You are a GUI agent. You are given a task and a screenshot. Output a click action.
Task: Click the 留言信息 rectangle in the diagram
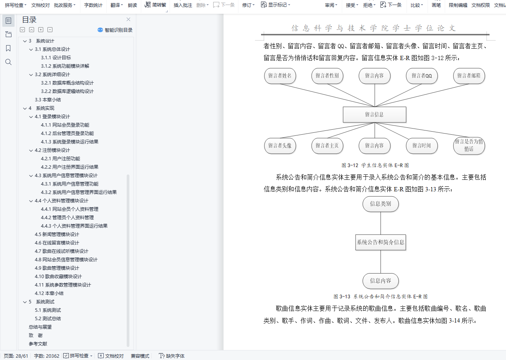click(374, 114)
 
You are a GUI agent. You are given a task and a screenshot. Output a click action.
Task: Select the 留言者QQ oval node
click(421, 76)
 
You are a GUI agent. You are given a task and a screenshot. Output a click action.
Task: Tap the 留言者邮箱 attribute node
click(469, 76)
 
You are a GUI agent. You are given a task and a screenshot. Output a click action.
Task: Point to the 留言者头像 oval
click(280, 146)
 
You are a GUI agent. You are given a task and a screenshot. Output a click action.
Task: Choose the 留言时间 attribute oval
click(421, 146)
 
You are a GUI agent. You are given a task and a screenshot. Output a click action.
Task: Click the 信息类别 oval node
click(380, 204)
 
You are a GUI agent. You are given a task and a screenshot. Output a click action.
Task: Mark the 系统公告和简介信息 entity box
click(380, 242)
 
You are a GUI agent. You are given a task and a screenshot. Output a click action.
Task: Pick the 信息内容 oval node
click(380, 281)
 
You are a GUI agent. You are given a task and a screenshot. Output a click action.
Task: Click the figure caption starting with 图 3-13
click(380, 296)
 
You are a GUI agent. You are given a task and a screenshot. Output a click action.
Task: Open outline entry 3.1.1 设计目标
click(56, 58)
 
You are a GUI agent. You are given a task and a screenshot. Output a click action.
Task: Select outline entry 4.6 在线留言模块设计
click(57, 243)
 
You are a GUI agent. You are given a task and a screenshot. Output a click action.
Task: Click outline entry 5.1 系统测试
click(48, 310)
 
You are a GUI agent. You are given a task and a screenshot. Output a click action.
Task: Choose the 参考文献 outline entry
click(38, 344)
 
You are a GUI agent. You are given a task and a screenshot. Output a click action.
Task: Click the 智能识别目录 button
click(115, 30)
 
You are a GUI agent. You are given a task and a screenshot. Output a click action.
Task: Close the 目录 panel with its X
click(128, 20)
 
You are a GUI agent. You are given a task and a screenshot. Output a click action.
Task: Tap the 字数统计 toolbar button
click(93, 5)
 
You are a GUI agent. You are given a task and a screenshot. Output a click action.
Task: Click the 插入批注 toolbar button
click(183, 5)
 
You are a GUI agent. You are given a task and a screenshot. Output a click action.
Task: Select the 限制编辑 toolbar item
click(458, 5)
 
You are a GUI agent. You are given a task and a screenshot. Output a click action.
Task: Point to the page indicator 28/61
click(16, 356)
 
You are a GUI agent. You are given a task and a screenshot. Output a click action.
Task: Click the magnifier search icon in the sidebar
click(8, 62)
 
